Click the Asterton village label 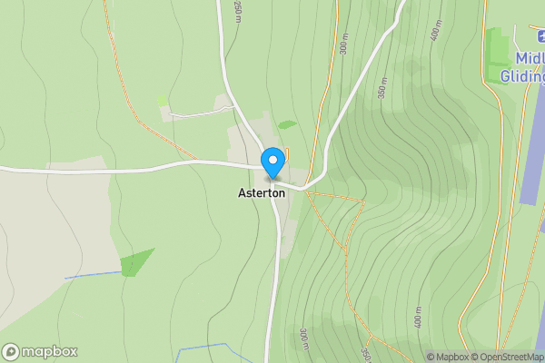click(x=262, y=193)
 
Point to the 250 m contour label click(x=239, y=11)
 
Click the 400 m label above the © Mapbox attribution click(x=419, y=318)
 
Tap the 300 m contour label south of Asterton click(x=303, y=338)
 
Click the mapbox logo click(x=40, y=352)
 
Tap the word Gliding click(x=522, y=76)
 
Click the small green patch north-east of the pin click(x=287, y=124)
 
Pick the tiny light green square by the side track click(x=162, y=101)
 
